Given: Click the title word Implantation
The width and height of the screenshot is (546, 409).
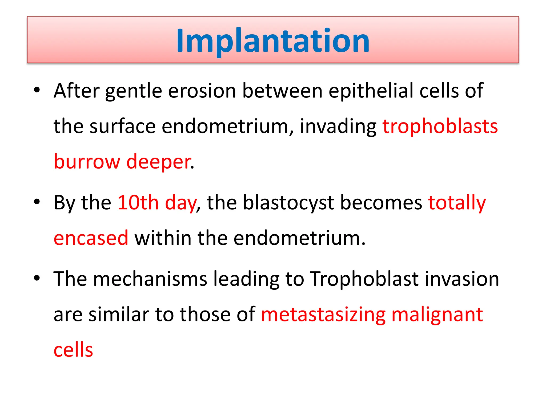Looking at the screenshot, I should tap(273, 40).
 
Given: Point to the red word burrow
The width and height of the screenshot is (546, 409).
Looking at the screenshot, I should tap(87, 162).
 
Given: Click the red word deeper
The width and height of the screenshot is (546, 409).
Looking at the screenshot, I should tap(159, 162).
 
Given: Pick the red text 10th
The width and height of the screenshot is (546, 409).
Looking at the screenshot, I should tap(138, 203).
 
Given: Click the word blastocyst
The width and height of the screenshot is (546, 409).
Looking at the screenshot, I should tap(288, 203).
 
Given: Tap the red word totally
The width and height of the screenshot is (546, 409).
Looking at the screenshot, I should tap(457, 203).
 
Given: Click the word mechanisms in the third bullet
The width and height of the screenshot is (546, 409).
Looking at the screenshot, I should tap(150, 279).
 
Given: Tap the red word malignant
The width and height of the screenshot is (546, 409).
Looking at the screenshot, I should tap(437, 314).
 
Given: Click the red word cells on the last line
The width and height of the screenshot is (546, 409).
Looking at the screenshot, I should tap(73, 350).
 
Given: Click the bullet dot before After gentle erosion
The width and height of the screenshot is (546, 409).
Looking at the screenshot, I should tap(37, 90).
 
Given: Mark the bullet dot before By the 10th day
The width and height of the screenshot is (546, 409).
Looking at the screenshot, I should tap(37, 202).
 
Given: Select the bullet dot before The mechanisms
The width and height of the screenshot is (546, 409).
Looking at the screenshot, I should tap(37, 278).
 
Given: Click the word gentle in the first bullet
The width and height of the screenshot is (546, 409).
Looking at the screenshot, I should tap(134, 91).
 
